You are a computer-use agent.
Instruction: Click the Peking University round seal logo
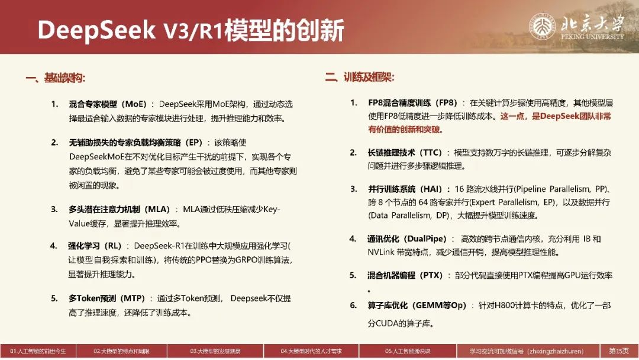(543, 26)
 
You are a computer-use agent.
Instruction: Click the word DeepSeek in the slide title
(96, 30)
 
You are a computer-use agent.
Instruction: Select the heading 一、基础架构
(56, 78)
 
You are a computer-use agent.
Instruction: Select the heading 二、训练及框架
(360, 76)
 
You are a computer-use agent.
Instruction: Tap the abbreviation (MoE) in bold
(134, 104)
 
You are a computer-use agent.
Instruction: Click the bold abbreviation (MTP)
(133, 298)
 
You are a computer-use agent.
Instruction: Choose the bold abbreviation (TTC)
(429, 153)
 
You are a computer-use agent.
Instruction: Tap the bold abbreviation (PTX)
(430, 275)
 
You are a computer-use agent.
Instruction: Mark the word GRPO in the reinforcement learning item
(234, 260)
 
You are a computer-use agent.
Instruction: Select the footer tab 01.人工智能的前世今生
(38, 351)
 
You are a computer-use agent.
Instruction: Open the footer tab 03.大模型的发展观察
(215, 351)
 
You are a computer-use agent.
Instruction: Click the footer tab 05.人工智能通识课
(408, 351)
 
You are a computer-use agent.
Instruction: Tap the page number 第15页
(619, 351)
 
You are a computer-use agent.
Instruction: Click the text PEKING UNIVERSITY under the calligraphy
(592, 37)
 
